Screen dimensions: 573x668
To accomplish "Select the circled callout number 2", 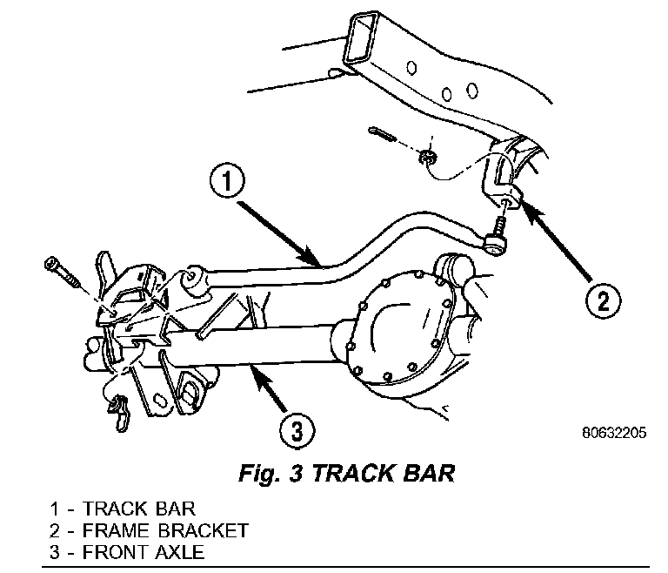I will pyautogui.click(x=602, y=302).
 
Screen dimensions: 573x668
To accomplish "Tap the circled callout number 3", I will pyautogui.click(x=297, y=429).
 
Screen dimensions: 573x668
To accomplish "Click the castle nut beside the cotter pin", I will pyautogui.click(x=427, y=158).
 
